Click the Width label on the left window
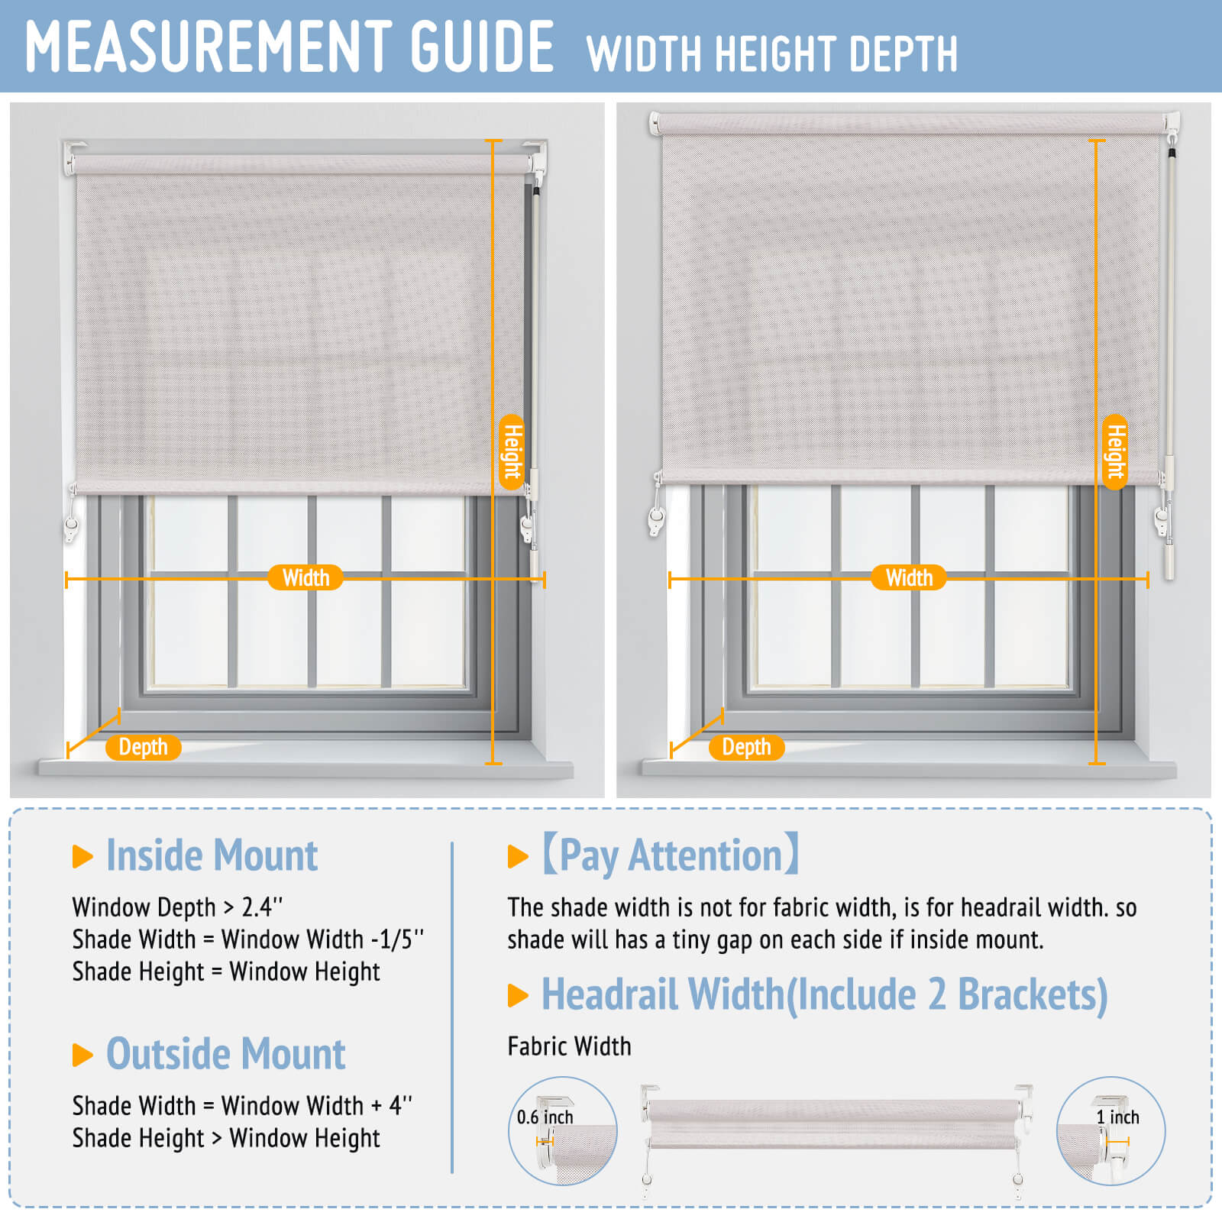click(305, 577)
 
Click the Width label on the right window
click(909, 577)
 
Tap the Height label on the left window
click(512, 451)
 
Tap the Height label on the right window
click(1116, 451)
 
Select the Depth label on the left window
click(143, 747)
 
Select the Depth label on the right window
click(746, 747)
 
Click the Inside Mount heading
click(212, 855)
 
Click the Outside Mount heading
click(225, 1054)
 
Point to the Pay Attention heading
click(671, 855)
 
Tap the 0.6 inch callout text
click(545, 1117)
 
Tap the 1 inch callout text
click(1117, 1117)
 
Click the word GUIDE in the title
click(482, 47)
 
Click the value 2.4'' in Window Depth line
click(262, 907)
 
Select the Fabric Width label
click(569, 1046)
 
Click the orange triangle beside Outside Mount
click(82, 1055)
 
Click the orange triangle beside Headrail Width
click(518, 995)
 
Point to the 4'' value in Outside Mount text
click(400, 1105)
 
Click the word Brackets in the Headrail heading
click(1033, 995)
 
